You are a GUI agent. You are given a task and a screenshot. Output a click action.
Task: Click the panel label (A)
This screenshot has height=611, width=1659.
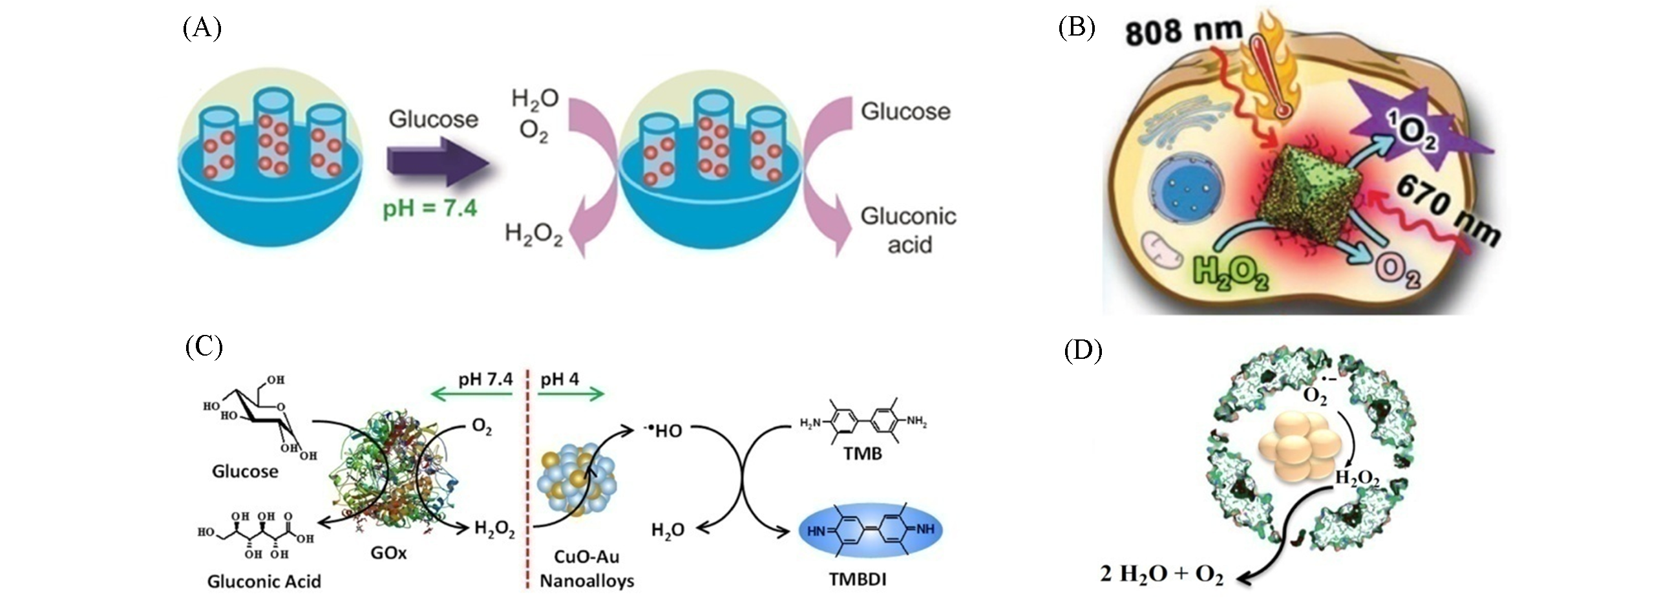coord(202,28)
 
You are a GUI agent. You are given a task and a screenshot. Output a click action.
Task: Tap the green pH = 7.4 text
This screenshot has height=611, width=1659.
coord(430,208)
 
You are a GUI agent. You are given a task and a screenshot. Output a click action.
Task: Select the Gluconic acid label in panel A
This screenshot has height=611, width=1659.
coord(908,230)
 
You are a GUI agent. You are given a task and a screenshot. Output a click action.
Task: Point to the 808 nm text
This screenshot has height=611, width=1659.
coord(1184,31)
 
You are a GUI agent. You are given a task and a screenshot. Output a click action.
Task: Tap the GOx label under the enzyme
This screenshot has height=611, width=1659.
coord(388,553)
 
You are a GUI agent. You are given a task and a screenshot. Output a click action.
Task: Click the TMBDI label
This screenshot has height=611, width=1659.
coord(857,579)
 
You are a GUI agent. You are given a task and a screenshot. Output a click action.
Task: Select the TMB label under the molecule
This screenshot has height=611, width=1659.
coord(862,453)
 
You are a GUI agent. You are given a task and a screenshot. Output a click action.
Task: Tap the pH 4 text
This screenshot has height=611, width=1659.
coord(560,379)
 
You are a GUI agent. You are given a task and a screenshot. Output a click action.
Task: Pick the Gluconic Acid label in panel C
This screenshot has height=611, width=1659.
coord(264,581)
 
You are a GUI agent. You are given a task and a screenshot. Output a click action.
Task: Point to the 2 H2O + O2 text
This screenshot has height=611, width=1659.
coord(1161,574)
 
